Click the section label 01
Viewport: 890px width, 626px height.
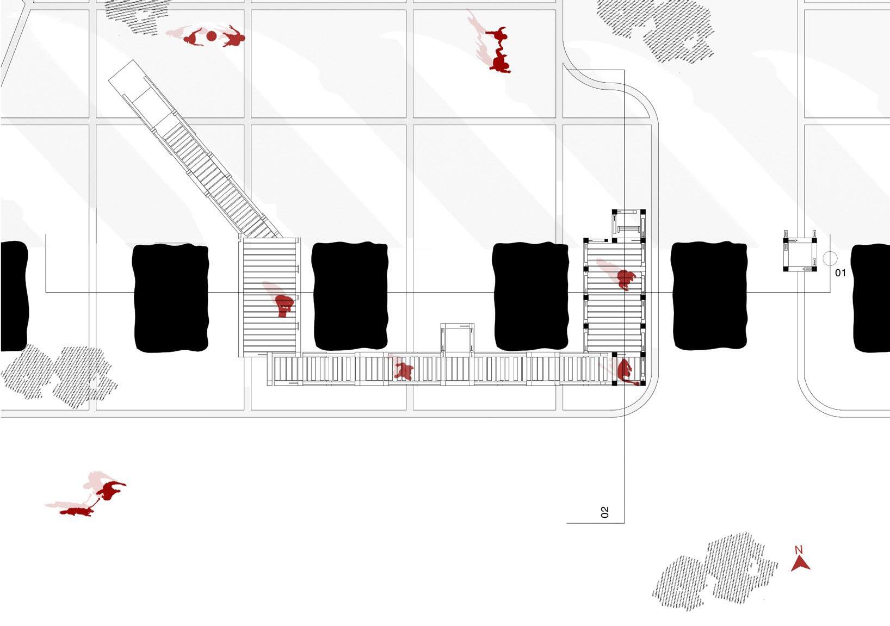coord(840,272)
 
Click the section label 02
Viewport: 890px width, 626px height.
coord(604,512)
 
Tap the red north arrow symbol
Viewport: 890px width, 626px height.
coord(800,563)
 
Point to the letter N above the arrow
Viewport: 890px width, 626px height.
coord(799,550)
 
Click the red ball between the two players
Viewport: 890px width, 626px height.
coord(212,36)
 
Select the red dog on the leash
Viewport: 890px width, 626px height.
coord(76,511)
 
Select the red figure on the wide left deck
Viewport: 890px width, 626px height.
coord(284,305)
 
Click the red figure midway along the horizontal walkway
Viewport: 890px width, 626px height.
coord(403,371)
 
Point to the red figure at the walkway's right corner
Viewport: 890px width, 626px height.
coord(625,371)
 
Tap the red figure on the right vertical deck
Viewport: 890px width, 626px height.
coord(626,279)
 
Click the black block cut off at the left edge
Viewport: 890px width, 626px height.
coord(13,296)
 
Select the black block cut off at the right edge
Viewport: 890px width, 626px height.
coord(872,298)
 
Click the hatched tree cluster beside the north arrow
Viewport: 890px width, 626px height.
coord(715,571)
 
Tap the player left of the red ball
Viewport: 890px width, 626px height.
coord(193,38)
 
